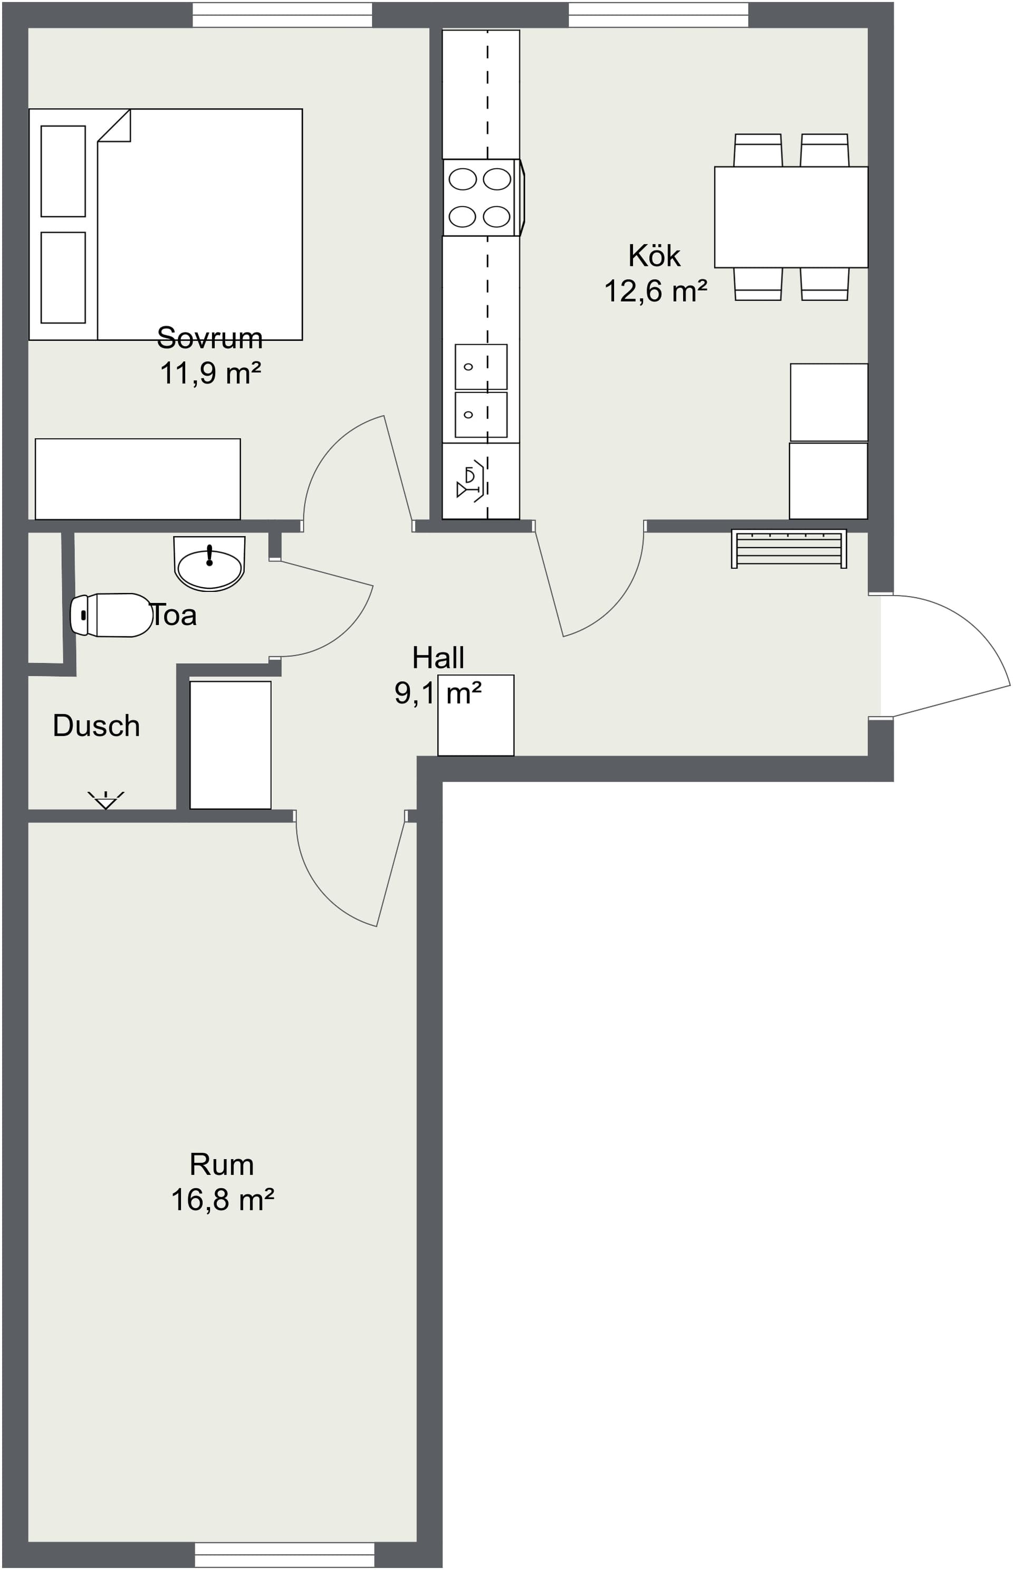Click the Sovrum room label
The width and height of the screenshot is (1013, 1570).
pos(210,338)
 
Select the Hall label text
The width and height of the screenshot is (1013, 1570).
pos(438,658)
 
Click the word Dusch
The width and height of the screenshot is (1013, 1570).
pos(96,726)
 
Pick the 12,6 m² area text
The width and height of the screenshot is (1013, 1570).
pos(656,291)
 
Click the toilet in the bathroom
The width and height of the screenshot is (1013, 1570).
pos(111,615)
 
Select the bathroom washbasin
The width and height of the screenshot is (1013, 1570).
pos(209,563)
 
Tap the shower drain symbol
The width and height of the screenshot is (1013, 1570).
pos(106,800)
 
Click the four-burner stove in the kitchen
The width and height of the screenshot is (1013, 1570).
pos(483,197)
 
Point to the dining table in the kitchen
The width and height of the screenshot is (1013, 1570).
pos(791,217)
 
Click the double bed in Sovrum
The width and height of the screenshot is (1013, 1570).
pos(166,224)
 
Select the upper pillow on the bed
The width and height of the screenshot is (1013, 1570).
pos(63,171)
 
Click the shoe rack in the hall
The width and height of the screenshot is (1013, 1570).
pos(789,549)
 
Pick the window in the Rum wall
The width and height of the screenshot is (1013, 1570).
pos(285,1556)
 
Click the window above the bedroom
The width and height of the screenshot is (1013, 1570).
pos(282,14)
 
